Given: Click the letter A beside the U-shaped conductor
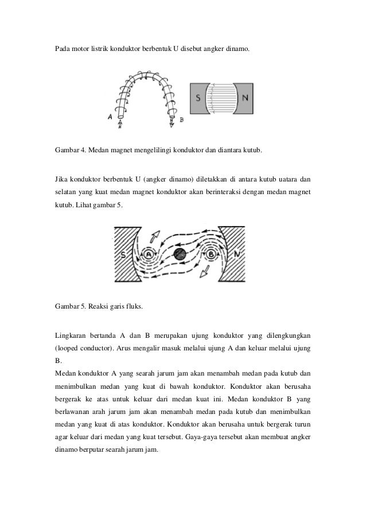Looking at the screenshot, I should point(109,117).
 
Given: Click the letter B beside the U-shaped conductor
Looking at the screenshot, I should point(181,120).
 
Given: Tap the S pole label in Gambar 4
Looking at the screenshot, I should point(198,98).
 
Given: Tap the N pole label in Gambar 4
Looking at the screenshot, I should point(246,98).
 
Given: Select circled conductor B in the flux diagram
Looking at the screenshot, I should point(211,252).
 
